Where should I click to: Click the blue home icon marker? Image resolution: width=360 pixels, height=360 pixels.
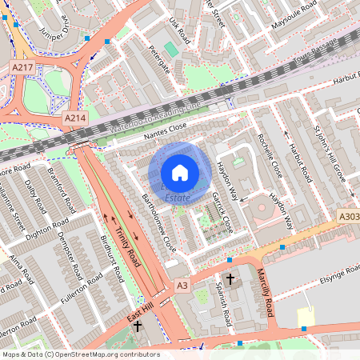click(180, 173)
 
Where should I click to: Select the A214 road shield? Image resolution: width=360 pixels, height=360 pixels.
click(74, 118)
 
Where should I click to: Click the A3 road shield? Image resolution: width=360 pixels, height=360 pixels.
click(182, 285)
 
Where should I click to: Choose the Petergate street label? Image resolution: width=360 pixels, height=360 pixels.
click(159, 59)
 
